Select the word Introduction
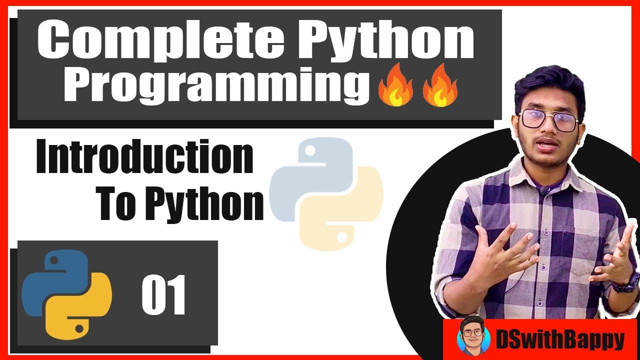[x=144, y=158]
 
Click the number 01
[x=163, y=295]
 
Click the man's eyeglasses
[x=548, y=120]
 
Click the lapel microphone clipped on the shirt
[x=545, y=189]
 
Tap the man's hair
[x=550, y=85]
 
